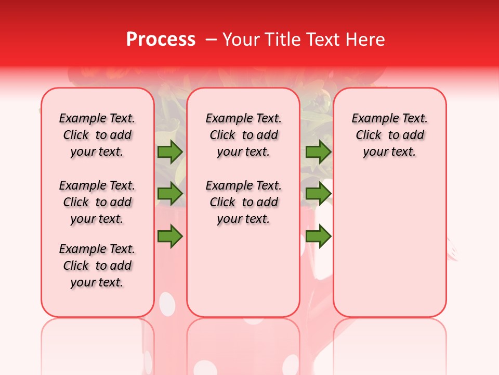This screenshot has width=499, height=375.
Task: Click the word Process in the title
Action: pos(161,40)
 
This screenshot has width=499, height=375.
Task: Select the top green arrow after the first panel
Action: pos(170,152)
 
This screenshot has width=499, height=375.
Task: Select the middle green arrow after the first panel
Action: pos(170,194)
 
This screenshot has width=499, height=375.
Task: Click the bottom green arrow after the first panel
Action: pos(170,236)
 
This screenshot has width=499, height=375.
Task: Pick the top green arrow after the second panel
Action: pos(318,152)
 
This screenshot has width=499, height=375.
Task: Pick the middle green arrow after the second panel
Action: pos(318,194)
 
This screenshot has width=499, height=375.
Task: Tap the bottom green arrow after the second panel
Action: pos(318,236)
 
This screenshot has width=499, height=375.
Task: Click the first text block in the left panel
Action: pos(97,135)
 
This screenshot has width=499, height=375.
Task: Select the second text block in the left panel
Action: pos(97,202)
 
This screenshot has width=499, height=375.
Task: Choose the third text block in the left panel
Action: pos(97,266)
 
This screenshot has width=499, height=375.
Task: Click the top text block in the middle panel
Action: pos(243,135)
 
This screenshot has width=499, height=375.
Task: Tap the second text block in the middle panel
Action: pos(243,202)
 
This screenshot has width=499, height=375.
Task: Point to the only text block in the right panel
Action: pos(389,135)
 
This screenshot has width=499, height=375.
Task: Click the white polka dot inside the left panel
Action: pos(166,303)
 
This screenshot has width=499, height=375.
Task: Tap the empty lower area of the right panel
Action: pos(389,245)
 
